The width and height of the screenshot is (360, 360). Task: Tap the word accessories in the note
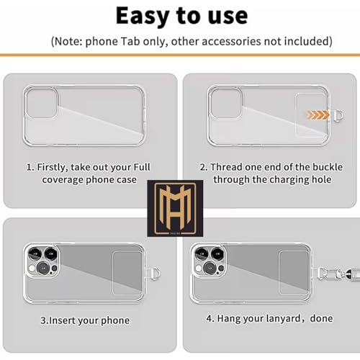tap(231, 41)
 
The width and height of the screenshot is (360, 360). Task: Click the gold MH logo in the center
tap(175, 208)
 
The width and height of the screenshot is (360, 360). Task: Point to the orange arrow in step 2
tap(318, 115)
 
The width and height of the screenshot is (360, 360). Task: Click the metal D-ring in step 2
tap(338, 115)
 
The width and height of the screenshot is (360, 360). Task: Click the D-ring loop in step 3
tap(156, 274)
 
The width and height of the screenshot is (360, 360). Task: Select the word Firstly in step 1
tap(53, 167)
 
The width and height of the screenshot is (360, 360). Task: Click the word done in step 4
tap(321, 318)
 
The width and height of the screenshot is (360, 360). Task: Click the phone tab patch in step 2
tap(310, 115)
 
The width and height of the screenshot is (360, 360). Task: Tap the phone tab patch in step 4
tap(294, 273)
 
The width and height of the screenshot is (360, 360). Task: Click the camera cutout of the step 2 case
tap(226, 103)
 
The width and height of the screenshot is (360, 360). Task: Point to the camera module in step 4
tap(209, 261)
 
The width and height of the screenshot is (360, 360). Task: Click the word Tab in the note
tap(130, 41)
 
